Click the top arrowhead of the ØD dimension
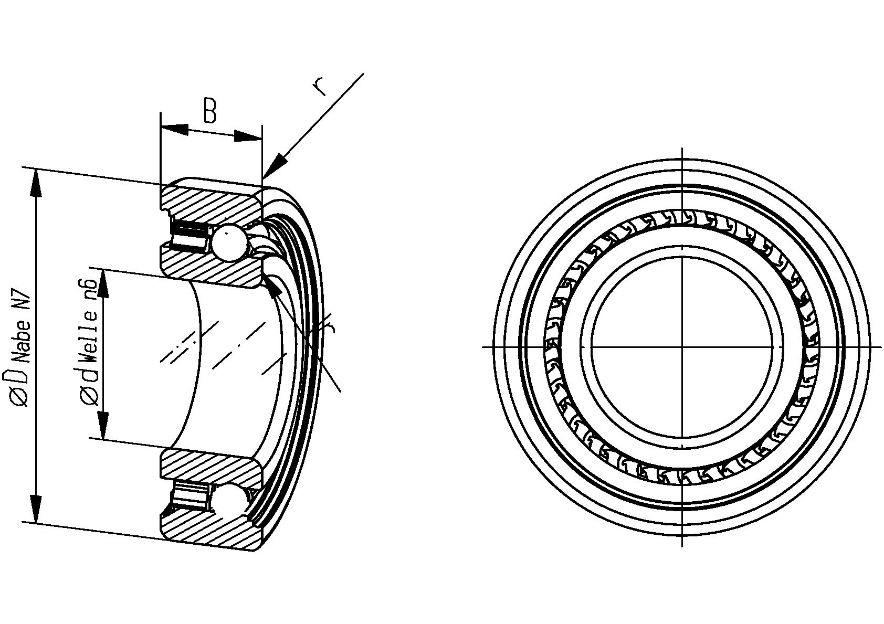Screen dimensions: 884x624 (36, 183)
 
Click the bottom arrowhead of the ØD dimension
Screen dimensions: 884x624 (36, 509)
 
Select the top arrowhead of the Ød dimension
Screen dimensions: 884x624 (103, 284)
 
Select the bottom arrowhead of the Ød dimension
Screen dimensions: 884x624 (103, 425)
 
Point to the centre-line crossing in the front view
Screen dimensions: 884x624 (682, 347)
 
